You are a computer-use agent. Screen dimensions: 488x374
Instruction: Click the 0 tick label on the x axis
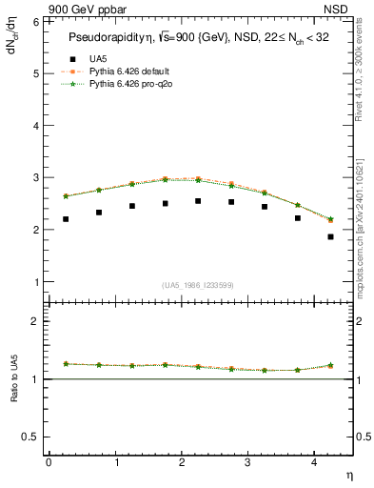tap(49, 462)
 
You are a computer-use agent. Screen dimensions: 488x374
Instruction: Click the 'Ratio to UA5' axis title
tap(14, 394)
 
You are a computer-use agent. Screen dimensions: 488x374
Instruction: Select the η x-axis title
tap(347, 474)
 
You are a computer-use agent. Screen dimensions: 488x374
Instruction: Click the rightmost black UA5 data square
tap(330, 236)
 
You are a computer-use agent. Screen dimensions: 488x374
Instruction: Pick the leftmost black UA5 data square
tap(66, 219)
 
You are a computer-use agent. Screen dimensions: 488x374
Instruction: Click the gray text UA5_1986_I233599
tap(198, 285)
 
